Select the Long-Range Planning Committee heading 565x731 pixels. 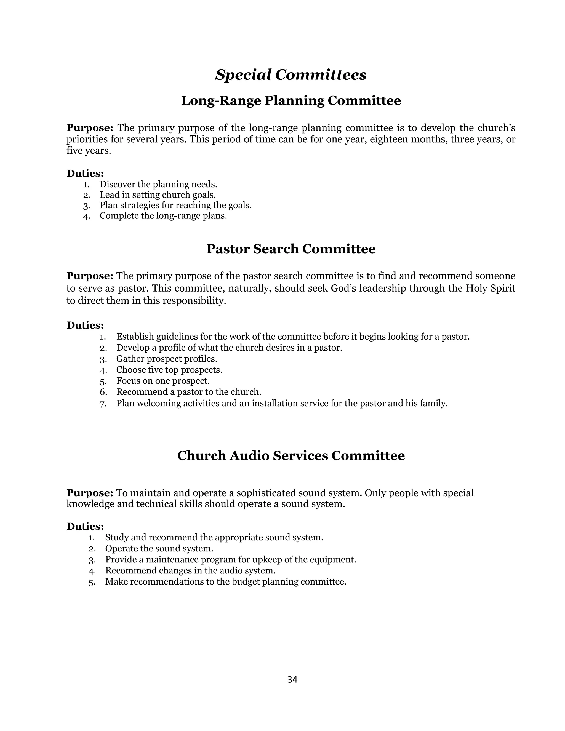pyautogui.click(x=291, y=101)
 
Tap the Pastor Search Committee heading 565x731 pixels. pyautogui.click(x=291, y=249)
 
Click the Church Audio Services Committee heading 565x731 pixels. pyautogui.click(x=291, y=455)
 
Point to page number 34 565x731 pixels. pyautogui.click(x=292, y=679)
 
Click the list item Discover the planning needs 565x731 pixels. pyautogui.click(x=158, y=184)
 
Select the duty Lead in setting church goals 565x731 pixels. pyautogui.click(x=158, y=194)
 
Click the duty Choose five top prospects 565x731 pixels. pyautogui.click(x=169, y=370)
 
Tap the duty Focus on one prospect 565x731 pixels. pyautogui.click(x=163, y=381)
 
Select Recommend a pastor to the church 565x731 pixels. pyautogui.click(x=188, y=392)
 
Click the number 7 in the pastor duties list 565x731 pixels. pyautogui.click(x=103, y=404)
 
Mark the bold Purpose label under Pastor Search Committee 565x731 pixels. pyautogui.click(x=90, y=276)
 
